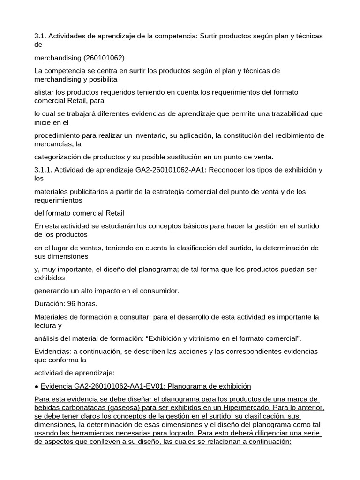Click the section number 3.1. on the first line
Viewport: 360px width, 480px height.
(x=40, y=36)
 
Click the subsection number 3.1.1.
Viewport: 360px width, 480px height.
(x=43, y=170)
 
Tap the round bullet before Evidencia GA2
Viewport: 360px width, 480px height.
(x=37, y=386)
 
